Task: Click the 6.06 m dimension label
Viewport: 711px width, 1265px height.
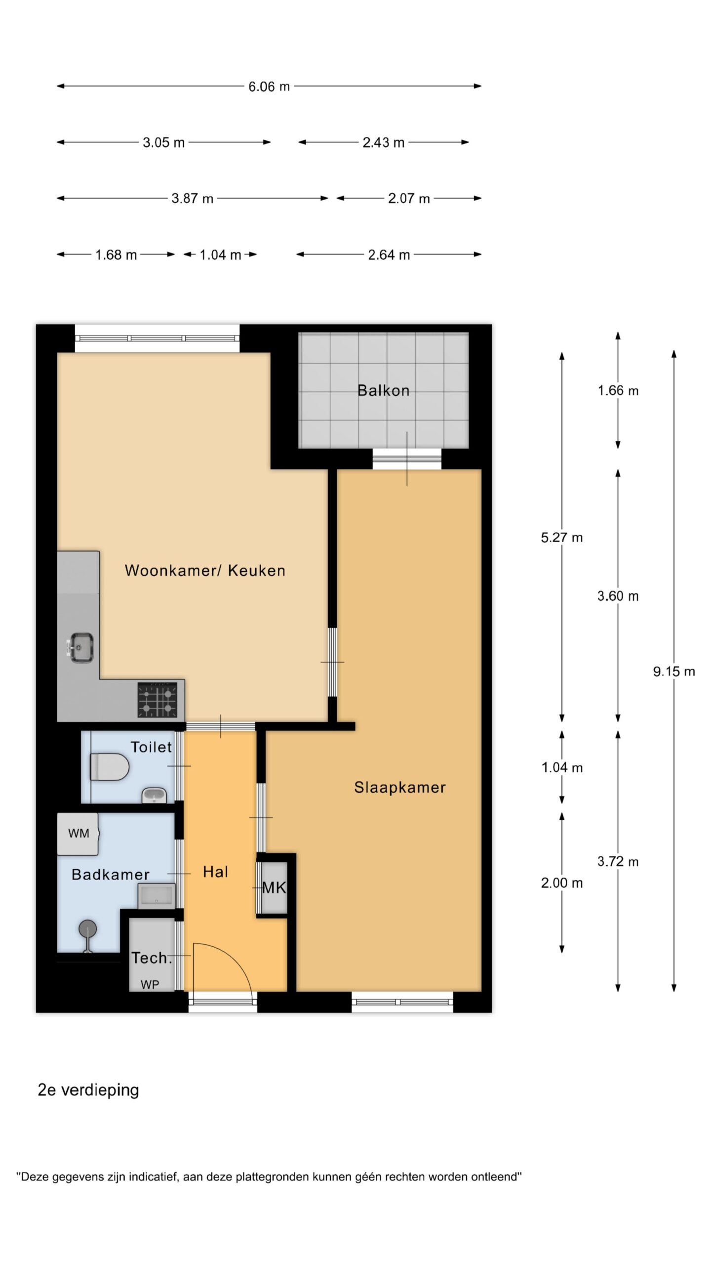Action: coord(269,86)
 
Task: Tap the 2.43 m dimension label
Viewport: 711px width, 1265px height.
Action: coord(384,143)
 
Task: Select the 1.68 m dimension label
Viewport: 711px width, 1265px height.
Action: coord(116,255)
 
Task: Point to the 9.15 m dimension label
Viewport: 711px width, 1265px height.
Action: coord(674,672)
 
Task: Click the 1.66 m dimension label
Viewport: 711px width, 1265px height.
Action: coord(618,391)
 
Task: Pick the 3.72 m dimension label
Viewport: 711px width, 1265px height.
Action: coord(618,862)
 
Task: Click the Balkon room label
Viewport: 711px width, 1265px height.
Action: coord(384,391)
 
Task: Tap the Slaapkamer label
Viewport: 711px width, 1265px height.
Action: coord(400,788)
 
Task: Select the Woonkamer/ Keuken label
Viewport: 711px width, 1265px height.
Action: coord(205,571)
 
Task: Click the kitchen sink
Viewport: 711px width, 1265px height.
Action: coord(80,647)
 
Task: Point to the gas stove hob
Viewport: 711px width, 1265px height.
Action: coord(157,700)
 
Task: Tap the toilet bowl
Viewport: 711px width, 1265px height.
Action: coord(110,767)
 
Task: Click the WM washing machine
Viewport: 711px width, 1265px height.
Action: coord(78,834)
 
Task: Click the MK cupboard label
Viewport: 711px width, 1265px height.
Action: coord(274,888)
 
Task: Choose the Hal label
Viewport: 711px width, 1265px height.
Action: coord(216,872)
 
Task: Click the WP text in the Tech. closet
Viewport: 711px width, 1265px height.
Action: coord(150,985)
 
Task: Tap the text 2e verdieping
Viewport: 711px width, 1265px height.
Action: coord(88,1090)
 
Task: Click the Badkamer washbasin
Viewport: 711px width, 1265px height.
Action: coord(157,896)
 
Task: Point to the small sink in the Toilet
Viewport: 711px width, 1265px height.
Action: coord(155,796)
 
